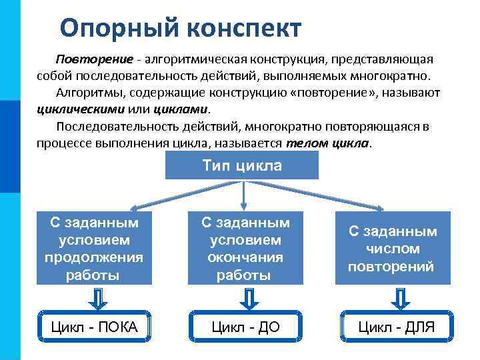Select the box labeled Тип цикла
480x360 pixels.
242,166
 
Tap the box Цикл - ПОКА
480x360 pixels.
95,327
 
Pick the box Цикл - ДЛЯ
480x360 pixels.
396,327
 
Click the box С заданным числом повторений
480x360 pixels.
393,249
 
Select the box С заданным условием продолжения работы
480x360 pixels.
95,248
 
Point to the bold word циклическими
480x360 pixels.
73,109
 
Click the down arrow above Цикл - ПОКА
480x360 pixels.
97,299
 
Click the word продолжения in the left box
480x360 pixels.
94,257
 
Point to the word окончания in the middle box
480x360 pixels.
244,257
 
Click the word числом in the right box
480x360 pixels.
393,249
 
